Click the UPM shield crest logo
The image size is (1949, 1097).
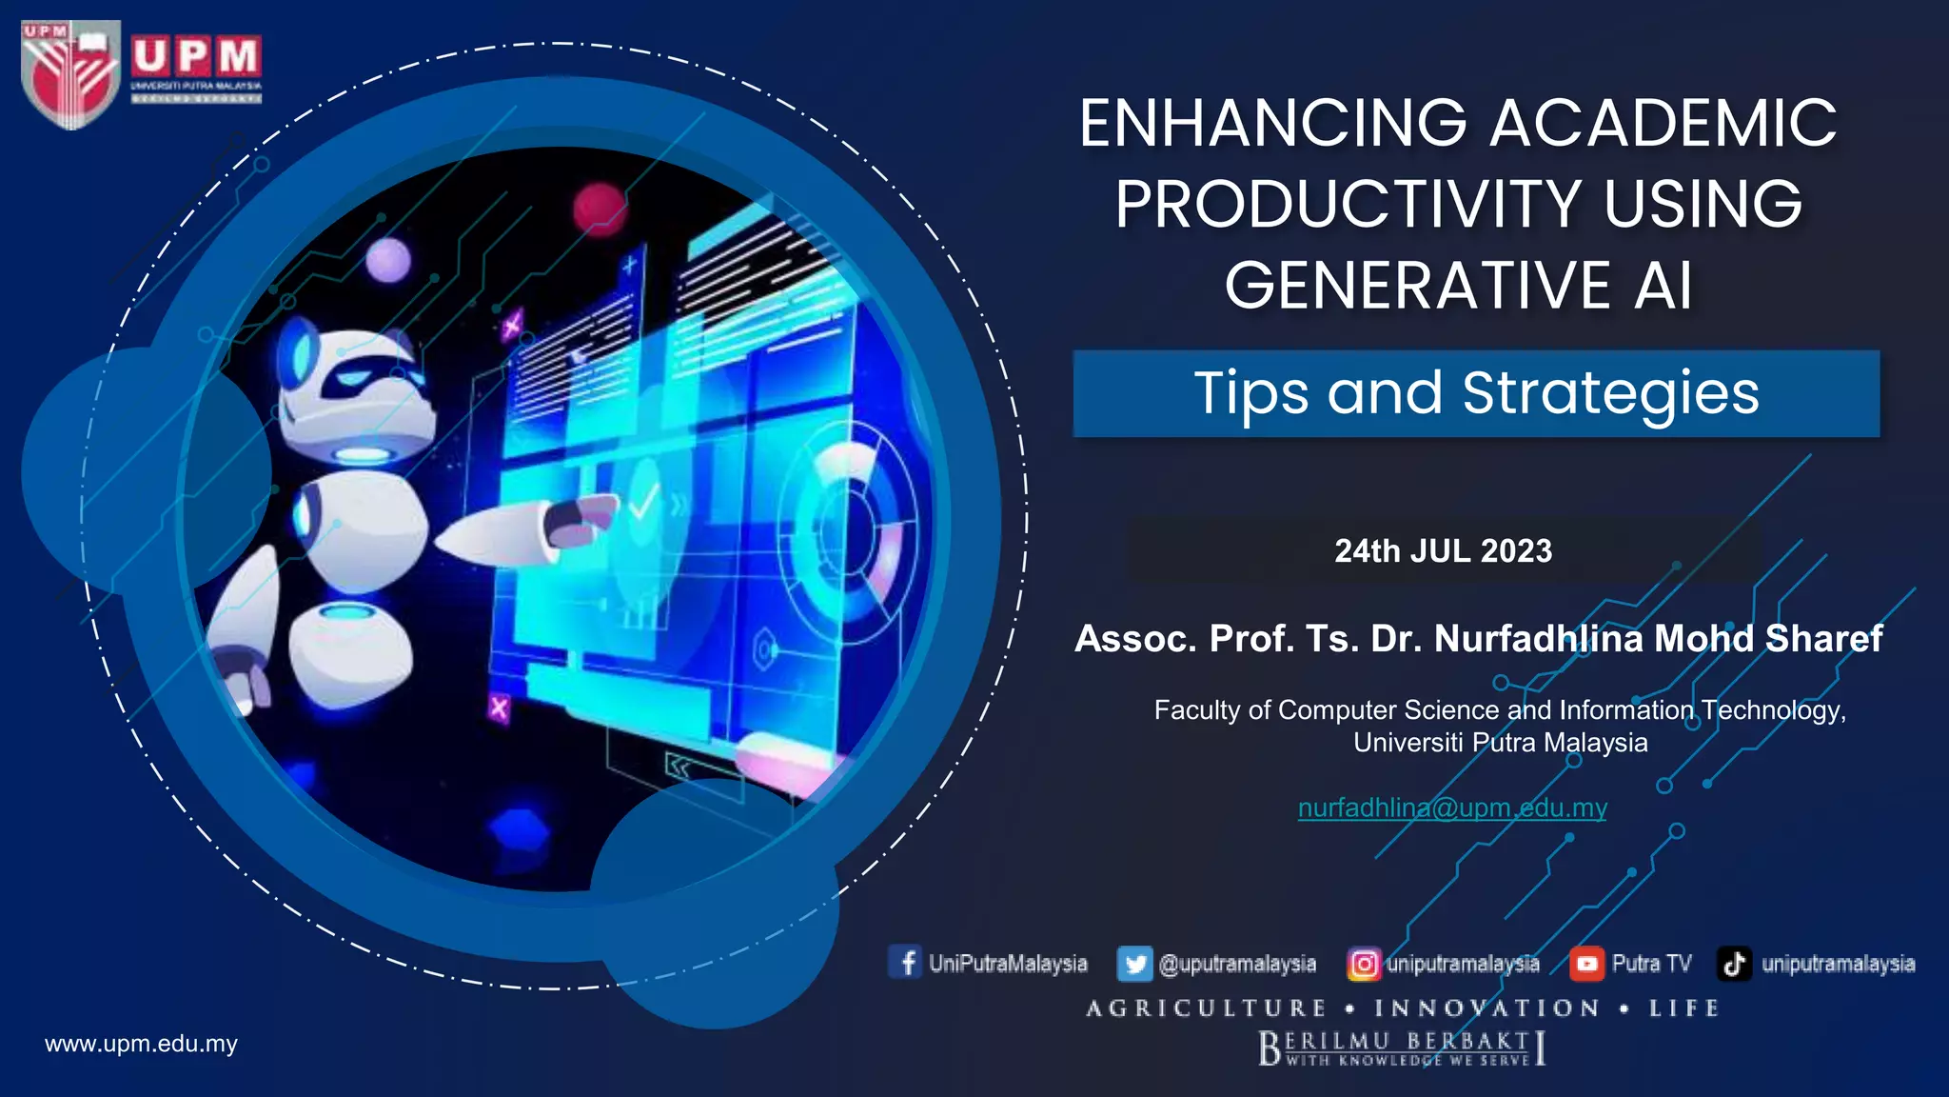click(x=69, y=74)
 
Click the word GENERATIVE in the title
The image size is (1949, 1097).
click(x=1417, y=286)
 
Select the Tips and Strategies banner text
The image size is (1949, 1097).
click(x=1476, y=393)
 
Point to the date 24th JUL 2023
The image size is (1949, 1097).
click(x=1443, y=551)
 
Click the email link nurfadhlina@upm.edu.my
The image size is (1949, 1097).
click(x=1452, y=808)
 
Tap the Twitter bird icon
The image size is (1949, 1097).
click(x=1134, y=964)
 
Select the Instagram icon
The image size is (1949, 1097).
click(x=1363, y=964)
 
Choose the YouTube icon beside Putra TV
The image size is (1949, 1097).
click(x=1586, y=964)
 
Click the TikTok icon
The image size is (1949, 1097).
click(x=1734, y=964)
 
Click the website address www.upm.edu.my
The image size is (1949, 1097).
click(x=141, y=1044)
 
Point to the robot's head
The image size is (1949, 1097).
click(x=352, y=381)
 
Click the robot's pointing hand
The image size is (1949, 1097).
click(x=581, y=519)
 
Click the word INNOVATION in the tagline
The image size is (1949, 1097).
click(x=1487, y=1008)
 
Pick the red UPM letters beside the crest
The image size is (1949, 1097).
click(x=196, y=57)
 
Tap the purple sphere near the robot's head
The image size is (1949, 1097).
click(x=388, y=260)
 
